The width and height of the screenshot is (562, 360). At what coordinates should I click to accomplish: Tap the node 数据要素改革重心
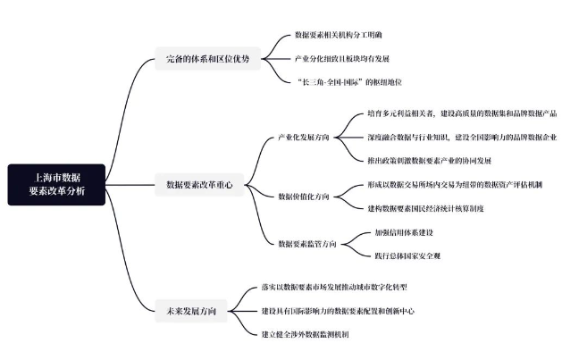point(199,185)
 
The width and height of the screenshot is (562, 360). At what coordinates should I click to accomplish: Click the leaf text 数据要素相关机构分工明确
point(344,35)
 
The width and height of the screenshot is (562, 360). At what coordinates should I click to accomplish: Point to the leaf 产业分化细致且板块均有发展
point(342,59)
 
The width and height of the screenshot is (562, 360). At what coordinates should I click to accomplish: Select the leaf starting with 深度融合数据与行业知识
point(461,138)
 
